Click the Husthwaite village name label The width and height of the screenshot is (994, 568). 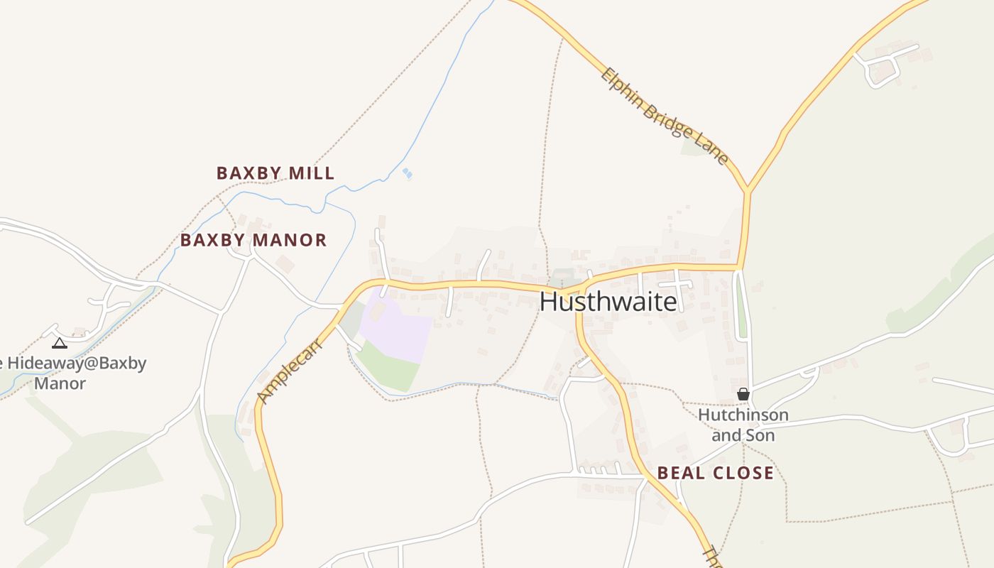click(608, 302)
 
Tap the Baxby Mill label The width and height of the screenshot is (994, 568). click(275, 173)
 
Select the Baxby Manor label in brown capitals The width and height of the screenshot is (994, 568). click(253, 240)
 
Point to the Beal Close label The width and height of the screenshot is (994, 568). click(715, 473)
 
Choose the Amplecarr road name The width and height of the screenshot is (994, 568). click(290, 371)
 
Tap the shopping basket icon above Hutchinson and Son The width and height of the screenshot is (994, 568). click(743, 394)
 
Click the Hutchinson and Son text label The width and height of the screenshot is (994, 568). click(743, 425)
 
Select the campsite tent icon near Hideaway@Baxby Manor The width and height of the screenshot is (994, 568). click(60, 344)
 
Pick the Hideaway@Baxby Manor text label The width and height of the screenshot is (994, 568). click(71, 373)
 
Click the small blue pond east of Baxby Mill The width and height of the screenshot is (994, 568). click(407, 173)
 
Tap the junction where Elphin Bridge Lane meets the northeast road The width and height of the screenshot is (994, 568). click(747, 191)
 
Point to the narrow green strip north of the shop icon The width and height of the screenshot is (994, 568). click(742, 305)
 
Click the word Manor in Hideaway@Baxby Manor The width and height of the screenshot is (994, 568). click(60, 383)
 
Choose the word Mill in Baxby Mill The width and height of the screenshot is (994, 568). click(312, 173)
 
